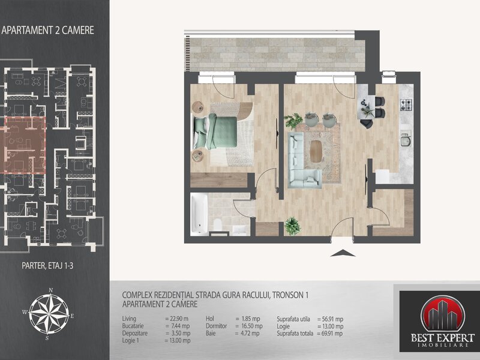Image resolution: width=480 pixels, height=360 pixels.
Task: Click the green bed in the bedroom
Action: coord(215,131)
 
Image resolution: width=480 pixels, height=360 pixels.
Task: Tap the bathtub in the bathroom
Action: coord(199,214)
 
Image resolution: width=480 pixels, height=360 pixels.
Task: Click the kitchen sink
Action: coord(406,139)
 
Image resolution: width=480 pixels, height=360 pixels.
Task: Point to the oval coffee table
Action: coord(316,151)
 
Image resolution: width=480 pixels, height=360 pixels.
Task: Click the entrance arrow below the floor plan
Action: coord(343,253)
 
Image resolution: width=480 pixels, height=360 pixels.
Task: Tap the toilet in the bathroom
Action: coord(218,226)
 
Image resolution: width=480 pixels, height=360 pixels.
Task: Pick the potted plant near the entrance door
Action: coord(292,226)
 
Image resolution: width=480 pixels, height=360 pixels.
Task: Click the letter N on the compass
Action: coord(51,290)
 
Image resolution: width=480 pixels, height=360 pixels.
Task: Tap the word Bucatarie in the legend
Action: coord(133,326)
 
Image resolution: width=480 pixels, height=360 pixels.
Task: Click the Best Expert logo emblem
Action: coord(443,314)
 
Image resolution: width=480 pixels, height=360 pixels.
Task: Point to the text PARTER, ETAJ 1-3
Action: coord(47,265)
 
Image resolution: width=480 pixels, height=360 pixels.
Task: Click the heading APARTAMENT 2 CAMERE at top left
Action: coord(48,31)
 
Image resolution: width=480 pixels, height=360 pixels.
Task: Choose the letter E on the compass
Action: coord(72,316)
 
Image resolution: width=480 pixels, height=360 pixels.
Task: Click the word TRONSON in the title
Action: coord(287,295)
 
